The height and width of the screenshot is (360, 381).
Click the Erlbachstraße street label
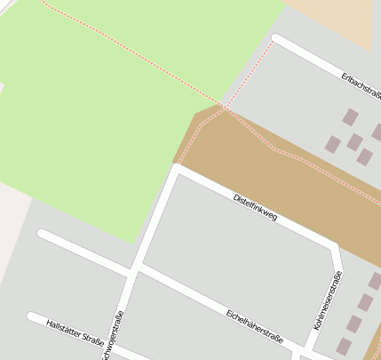pos(361,88)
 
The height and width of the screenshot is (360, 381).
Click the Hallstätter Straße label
pos(75,332)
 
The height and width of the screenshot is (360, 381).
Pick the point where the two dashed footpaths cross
pos(225,107)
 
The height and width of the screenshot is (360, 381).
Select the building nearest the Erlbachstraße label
pos(351,116)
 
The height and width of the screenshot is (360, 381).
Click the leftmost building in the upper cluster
pos(333,143)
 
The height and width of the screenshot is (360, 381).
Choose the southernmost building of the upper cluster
pos(364,157)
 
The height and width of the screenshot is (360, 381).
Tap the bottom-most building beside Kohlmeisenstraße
pos(344,346)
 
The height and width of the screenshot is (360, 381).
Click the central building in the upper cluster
pos(354,141)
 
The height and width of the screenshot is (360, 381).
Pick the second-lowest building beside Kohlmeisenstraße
pos(354,324)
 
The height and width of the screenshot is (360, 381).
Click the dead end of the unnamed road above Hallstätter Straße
pos(41,234)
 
